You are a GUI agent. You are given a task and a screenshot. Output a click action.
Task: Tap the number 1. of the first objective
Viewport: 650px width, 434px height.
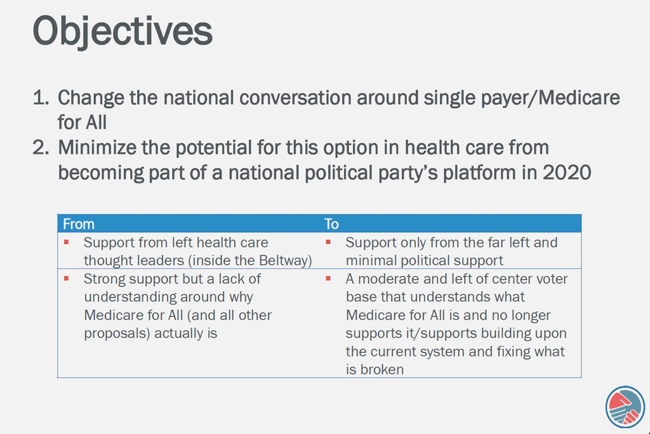(x=41, y=98)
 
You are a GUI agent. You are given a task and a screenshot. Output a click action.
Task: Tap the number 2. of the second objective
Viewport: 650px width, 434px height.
(x=41, y=147)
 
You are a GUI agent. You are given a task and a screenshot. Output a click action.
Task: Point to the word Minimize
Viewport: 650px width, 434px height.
(x=97, y=147)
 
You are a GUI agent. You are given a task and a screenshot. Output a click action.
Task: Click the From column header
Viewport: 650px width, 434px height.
(x=79, y=224)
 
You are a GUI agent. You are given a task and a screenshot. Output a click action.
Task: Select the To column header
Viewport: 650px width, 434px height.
(x=331, y=224)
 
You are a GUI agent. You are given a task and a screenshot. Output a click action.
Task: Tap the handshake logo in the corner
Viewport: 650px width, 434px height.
(x=625, y=407)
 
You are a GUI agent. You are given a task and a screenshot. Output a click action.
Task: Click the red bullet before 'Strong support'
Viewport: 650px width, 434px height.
(x=66, y=278)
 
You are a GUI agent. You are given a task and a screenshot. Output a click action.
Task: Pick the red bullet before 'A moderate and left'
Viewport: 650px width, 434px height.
(x=328, y=278)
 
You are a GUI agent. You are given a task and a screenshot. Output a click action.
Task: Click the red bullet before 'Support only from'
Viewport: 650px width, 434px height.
(x=328, y=242)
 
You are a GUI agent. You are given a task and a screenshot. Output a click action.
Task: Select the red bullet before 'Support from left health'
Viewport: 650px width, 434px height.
(x=66, y=242)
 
